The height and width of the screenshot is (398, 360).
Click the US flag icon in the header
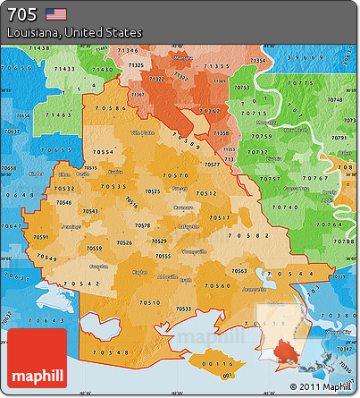point(55,13)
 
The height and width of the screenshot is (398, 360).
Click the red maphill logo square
point(38,357)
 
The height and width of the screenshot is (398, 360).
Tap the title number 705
point(21,13)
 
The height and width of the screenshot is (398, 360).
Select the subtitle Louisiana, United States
point(74,32)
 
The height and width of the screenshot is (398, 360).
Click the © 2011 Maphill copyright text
point(320,386)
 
